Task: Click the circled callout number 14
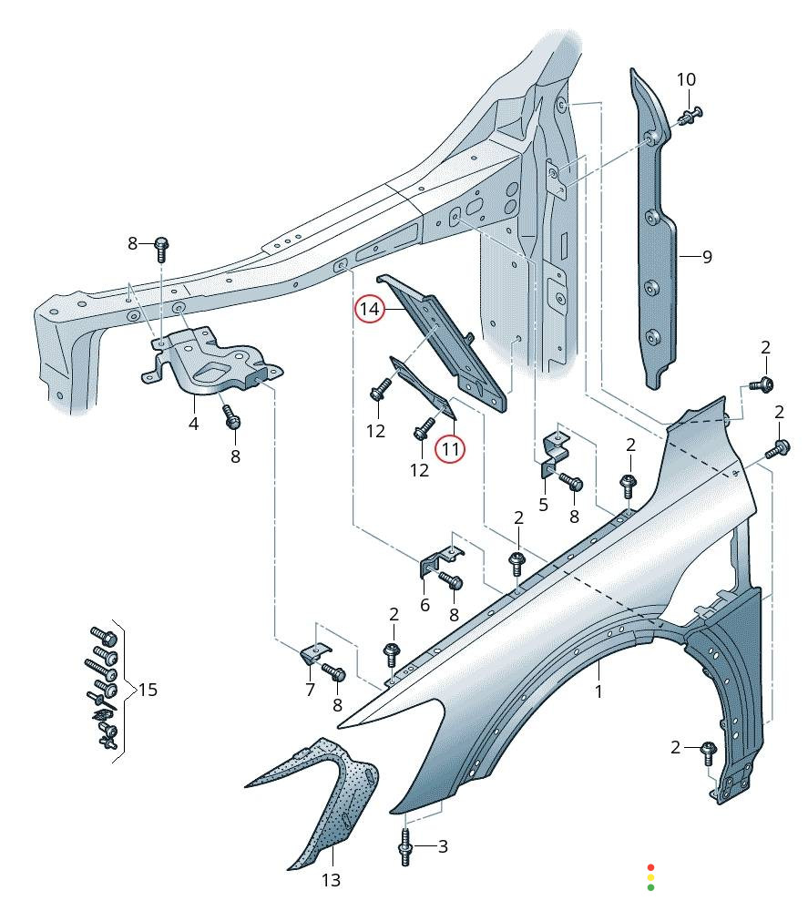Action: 369,310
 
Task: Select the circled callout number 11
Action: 449,448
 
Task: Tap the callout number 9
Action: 707,257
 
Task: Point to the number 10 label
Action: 686,79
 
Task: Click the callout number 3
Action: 443,846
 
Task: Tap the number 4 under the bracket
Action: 193,424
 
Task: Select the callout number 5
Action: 543,504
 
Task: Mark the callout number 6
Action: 424,605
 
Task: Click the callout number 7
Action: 310,690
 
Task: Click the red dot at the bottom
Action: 649,867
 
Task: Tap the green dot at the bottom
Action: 649,886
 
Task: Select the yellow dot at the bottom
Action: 649,877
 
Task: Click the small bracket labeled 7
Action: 314,652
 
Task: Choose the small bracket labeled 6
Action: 437,559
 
